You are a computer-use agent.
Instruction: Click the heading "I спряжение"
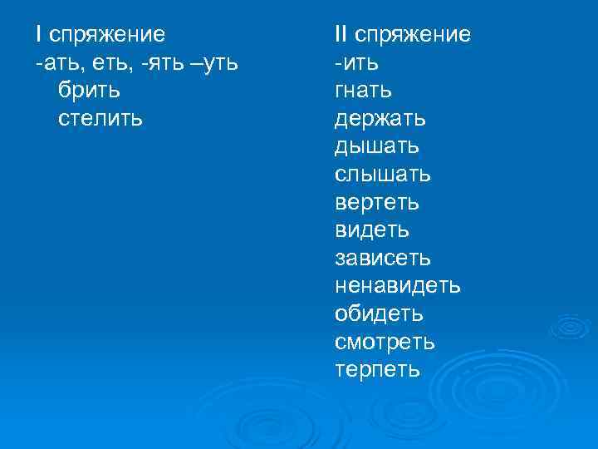100,35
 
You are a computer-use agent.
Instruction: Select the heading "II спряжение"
403,35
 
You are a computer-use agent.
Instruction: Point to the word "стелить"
101,118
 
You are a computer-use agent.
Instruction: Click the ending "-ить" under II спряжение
357,63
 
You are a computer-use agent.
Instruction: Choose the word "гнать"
364,91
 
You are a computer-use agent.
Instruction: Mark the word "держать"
380,118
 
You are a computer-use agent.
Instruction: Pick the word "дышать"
377,146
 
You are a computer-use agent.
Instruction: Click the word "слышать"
383,175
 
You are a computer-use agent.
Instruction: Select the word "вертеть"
377,202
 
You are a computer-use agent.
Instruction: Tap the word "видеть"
372,230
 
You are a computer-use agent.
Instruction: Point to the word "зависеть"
383,259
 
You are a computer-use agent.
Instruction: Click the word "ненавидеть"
398,286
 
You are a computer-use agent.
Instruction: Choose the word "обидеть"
379,314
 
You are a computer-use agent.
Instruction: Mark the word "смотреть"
385,342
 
